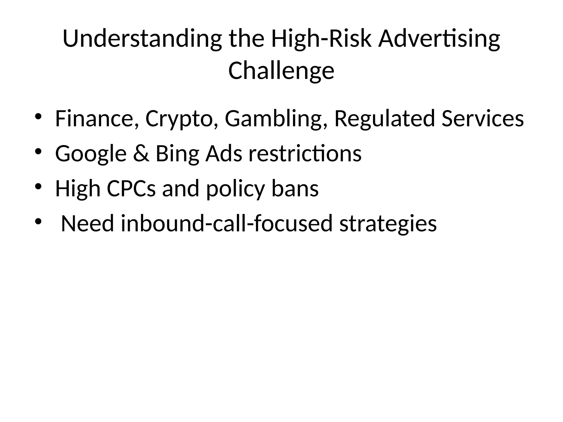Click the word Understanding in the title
click(x=142, y=39)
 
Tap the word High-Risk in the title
click(x=321, y=39)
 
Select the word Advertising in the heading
click(x=439, y=39)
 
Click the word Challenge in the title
click(x=281, y=71)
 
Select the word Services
click(x=482, y=119)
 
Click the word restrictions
click(x=305, y=154)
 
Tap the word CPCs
click(x=131, y=189)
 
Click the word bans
click(x=295, y=189)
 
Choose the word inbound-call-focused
click(x=227, y=224)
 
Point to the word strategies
click(x=388, y=224)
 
